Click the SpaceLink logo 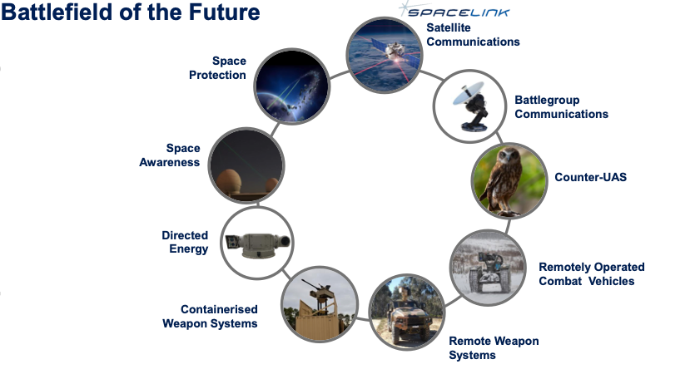(x=454, y=11)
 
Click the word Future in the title (x=225, y=12)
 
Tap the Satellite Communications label (x=473, y=35)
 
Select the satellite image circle (x=385, y=55)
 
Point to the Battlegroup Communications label (x=562, y=106)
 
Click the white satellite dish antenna (x=468, y=94)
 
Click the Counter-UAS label (x=591, y=177)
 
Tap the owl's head (x=509, y=156)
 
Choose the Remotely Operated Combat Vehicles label (x=592, y=273)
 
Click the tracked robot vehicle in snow (x=489, y=272)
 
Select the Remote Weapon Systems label (x=494, y=347)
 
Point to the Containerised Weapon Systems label (x=210, y=317)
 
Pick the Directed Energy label (x=185, y=242)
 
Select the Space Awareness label (x=170, y=155)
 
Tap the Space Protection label (x=217, y=67)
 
